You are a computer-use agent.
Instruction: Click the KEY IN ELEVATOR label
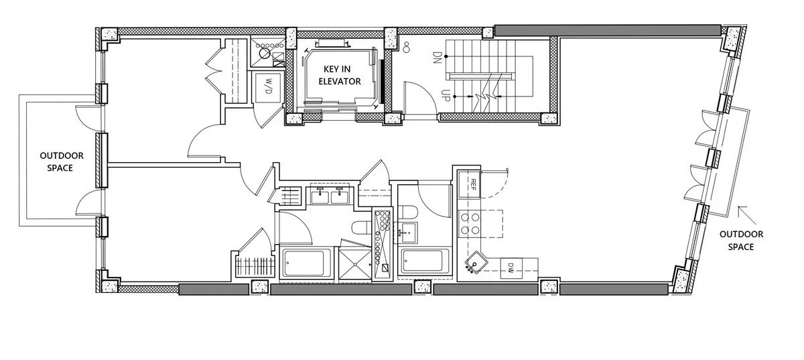333,76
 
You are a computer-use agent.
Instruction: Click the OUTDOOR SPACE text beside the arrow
740,240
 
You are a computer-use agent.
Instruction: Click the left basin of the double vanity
320,195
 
